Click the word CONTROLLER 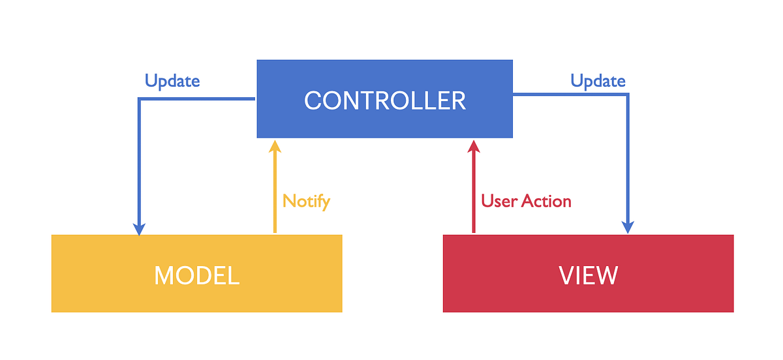[x=385, y=101]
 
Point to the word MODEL [x=196, y=275]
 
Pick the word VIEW [x=588, y=275]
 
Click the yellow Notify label [x=306, y=201]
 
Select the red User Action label [x=526, y=201]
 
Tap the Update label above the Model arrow [x=172, y=81]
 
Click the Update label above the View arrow [x=598, y=81]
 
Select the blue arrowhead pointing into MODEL [x=138, y=228]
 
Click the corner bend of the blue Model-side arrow [x=139, y=99]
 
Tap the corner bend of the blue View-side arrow [x=627, y=95]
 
